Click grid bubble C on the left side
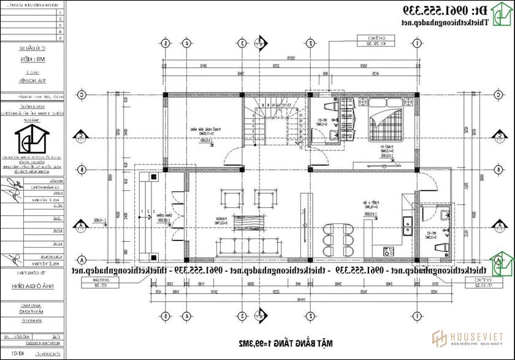tap(80, 95)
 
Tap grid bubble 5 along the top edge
tap(165, 44)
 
